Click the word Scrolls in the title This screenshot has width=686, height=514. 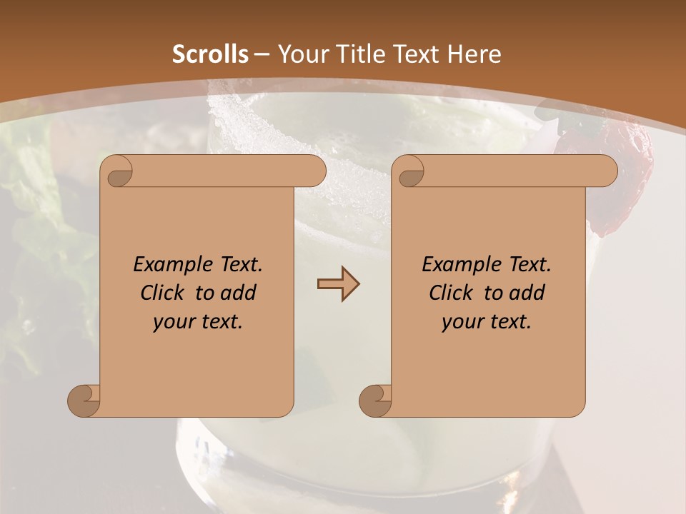coord(210,54)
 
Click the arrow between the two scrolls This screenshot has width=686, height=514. coord(338,284)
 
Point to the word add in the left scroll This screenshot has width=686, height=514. coord(239,293)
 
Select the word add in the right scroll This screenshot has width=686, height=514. coord(528,293)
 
